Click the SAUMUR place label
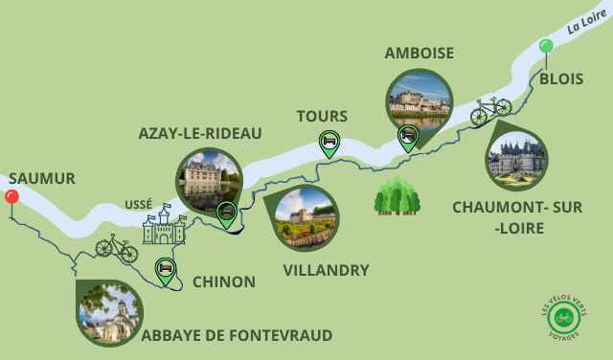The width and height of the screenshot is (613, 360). pyautogui.click(x=40, y=178)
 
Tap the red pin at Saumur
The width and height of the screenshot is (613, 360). pyautogui.click(x=11, y=197)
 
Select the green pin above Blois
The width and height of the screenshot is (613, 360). pyautogui.click(x=546, y=46)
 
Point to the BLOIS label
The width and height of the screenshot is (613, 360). pyautogui.click(x=561, y=79)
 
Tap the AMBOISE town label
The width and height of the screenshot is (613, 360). pyautogui.click(x=420, y=53)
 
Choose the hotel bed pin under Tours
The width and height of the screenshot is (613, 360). pyautogui.click(x=329, y=144)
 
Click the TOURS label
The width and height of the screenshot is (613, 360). pyautogui.click(x=322, y=116)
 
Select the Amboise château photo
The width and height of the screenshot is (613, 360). pyautogui.click(x=419, y=100)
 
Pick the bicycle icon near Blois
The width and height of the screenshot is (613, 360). pyautogui.click(x=490, y=110)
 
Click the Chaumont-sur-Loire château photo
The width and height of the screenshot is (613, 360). pyautogui.click(x=517, y=157)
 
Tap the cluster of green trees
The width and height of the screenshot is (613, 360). pyautogui.click(x=397, y=196)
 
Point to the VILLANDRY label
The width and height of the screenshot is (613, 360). pyautogui.click(x=326, y=270)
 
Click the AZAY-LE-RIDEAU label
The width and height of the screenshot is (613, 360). pyautogui.click(x=200, y=133)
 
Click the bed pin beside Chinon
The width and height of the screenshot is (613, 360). pyautogui.click(x=166, y=271)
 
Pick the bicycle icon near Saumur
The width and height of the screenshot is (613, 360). pyautogui.click(x=116, y=247)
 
